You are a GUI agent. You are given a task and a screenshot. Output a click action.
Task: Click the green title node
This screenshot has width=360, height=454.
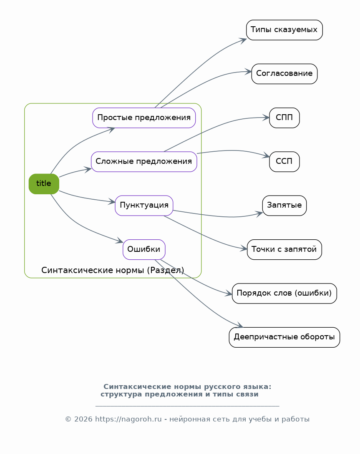click(44, 184)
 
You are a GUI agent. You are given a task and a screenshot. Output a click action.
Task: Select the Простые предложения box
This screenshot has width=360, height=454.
click(144, 118)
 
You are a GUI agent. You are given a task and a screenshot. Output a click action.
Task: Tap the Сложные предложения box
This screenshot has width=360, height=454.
click(144, 162)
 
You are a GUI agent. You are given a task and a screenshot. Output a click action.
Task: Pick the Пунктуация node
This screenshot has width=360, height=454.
click(144, 206)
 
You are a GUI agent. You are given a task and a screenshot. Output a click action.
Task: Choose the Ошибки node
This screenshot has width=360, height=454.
click(144, 249)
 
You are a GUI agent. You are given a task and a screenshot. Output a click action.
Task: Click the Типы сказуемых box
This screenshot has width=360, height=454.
click(284, 30)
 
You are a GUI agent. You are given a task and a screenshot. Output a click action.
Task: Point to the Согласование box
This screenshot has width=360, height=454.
click(284, 74)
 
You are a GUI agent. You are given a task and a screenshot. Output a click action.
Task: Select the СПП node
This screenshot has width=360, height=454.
click(284, 118)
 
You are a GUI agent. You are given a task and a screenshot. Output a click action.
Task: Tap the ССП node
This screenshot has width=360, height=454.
click(284, 162)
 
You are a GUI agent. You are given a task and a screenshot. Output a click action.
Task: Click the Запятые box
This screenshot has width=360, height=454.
click(284, 206)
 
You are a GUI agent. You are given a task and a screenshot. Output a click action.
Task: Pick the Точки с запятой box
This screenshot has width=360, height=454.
click(284, 250)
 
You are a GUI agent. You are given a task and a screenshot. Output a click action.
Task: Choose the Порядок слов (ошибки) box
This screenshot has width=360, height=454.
click(284, 293)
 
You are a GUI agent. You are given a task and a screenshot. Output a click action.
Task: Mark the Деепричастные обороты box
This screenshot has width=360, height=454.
click(284, 337)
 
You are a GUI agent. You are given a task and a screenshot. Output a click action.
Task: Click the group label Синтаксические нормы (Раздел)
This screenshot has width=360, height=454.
click(113, 271)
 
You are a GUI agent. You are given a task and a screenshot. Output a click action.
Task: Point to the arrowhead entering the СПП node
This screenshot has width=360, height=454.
click(266, 118)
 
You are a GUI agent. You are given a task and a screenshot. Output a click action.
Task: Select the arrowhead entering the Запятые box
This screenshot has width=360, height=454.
click(259, 213)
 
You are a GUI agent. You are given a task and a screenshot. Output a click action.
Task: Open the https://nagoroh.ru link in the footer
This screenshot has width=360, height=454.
click(128, 419)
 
